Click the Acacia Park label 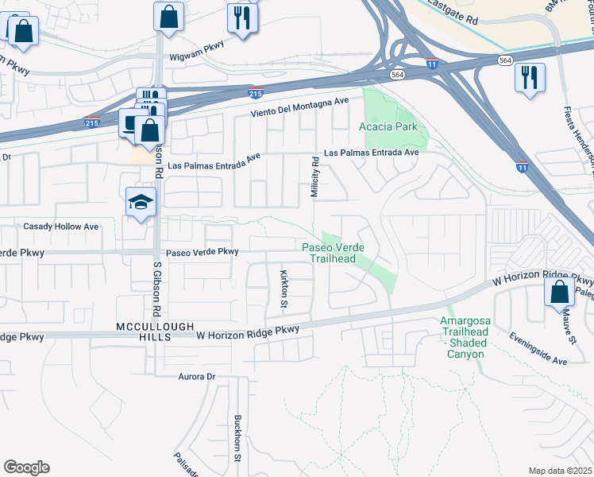click(x=388, y=126)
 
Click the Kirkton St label click(x=283, y=288)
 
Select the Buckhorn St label click(x=237, y=438)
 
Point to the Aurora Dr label click(x=197, y=376)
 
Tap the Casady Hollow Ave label click(x=60, y=227)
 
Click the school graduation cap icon click(x=141, y=203)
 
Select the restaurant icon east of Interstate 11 click(x=529, y=77)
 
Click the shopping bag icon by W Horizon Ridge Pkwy click(x=560, y=291)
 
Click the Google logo click(x=26, y=467)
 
